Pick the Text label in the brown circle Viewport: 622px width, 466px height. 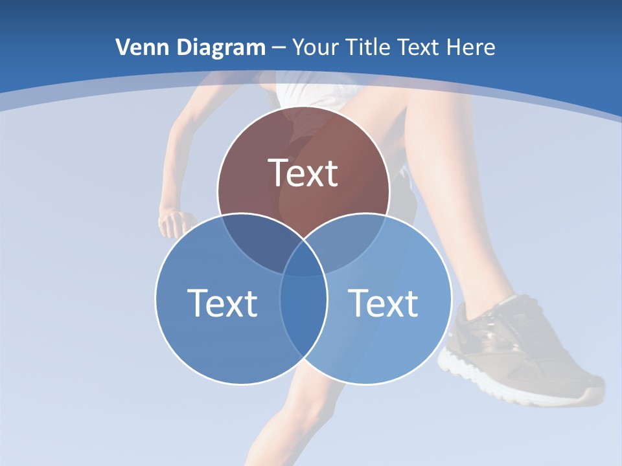point(303,173)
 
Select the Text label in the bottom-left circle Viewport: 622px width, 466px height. point(222,303)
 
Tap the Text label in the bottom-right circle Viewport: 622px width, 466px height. point(384,303)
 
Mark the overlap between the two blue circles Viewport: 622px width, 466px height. point(303,317)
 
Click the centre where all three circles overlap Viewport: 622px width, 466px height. point(303,262)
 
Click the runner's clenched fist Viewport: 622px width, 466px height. point(175,223)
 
